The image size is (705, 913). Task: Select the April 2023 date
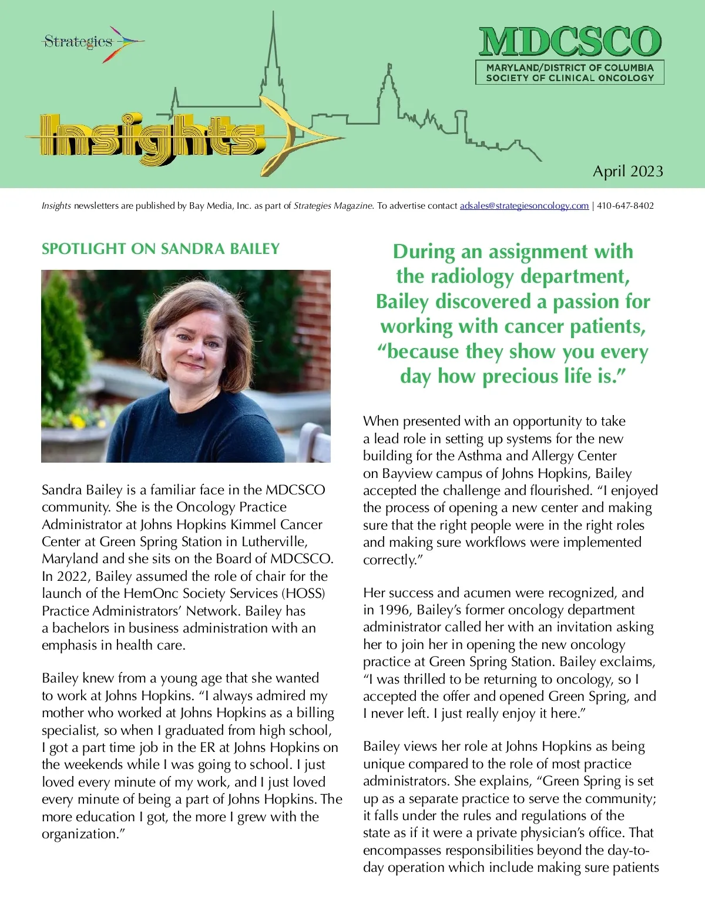627,171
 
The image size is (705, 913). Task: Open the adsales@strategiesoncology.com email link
524,206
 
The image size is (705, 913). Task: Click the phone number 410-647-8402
625,206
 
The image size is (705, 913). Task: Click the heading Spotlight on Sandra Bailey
160,249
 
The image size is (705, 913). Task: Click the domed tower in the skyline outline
387,88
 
